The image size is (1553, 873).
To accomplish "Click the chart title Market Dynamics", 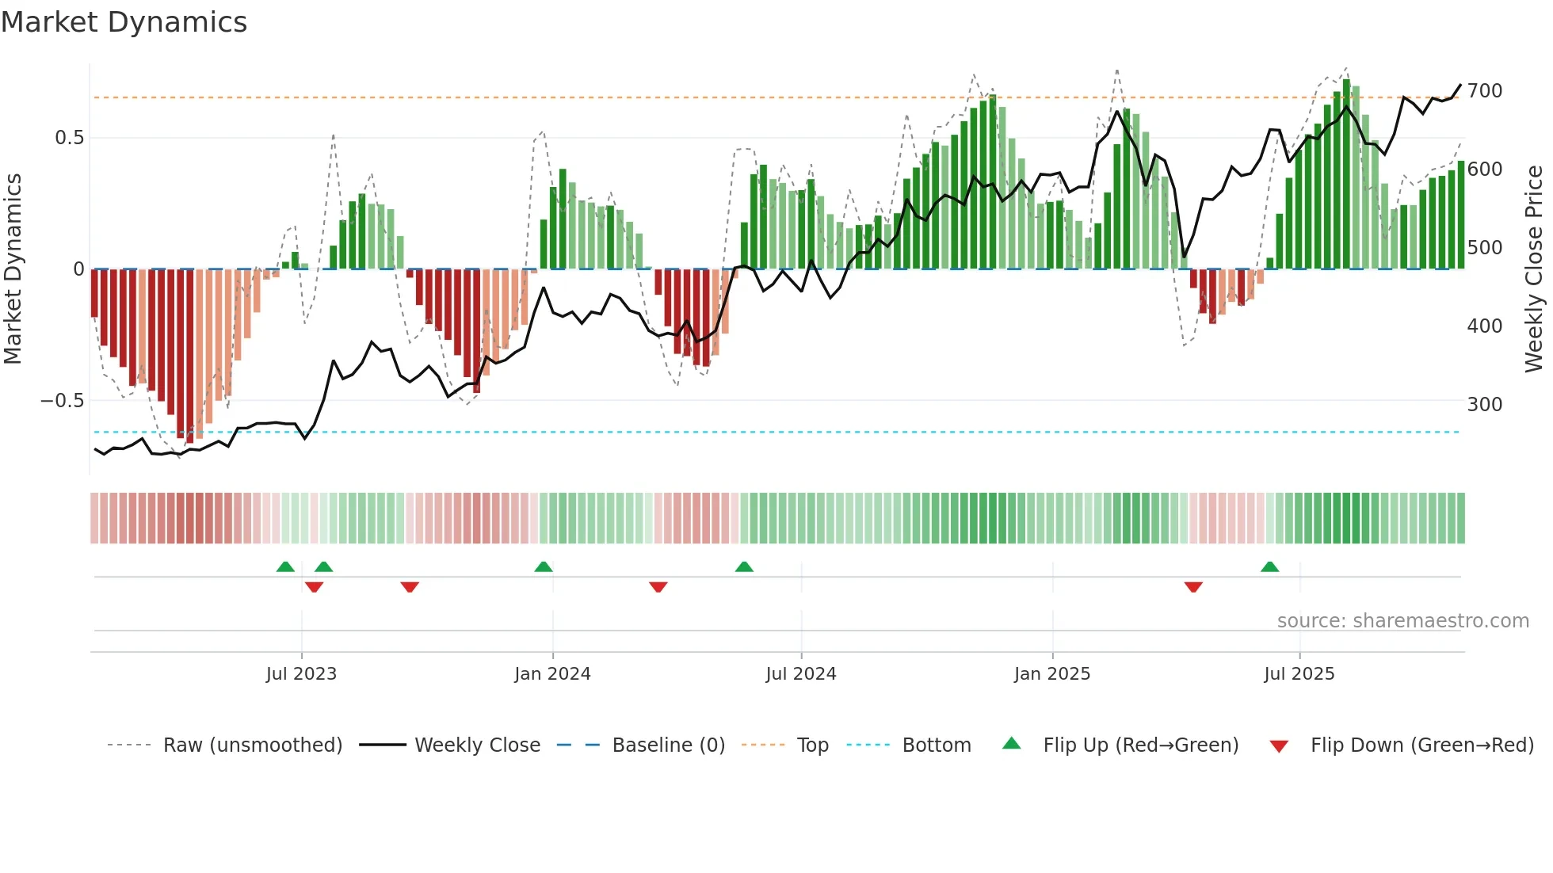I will pos(124,22).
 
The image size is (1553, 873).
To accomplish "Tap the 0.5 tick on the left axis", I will pos(69,138).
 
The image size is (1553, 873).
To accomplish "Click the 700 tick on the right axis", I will pos(1484,91).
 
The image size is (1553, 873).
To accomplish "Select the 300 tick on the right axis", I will pos(1484,405).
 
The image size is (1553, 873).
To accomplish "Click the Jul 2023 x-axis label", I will pos(301,674).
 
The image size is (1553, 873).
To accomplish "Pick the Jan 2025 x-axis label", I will pos(1051,674).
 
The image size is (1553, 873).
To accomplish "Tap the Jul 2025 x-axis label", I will pos(1299,674).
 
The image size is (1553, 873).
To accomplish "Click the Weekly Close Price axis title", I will pos(1534,269).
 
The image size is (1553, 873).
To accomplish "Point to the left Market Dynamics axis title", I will pos(13,269).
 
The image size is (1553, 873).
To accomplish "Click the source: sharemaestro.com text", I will pos(1402,621).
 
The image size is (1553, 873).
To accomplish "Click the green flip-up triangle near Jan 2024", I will pos(544,566).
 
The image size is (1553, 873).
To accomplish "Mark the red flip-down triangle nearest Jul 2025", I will pos(1193,587).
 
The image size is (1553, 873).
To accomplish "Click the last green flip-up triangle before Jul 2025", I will pos(1269,566).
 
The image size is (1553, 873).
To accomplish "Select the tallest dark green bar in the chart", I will pos(1346,174).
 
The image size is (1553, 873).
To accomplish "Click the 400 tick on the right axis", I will pos(1484,326).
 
